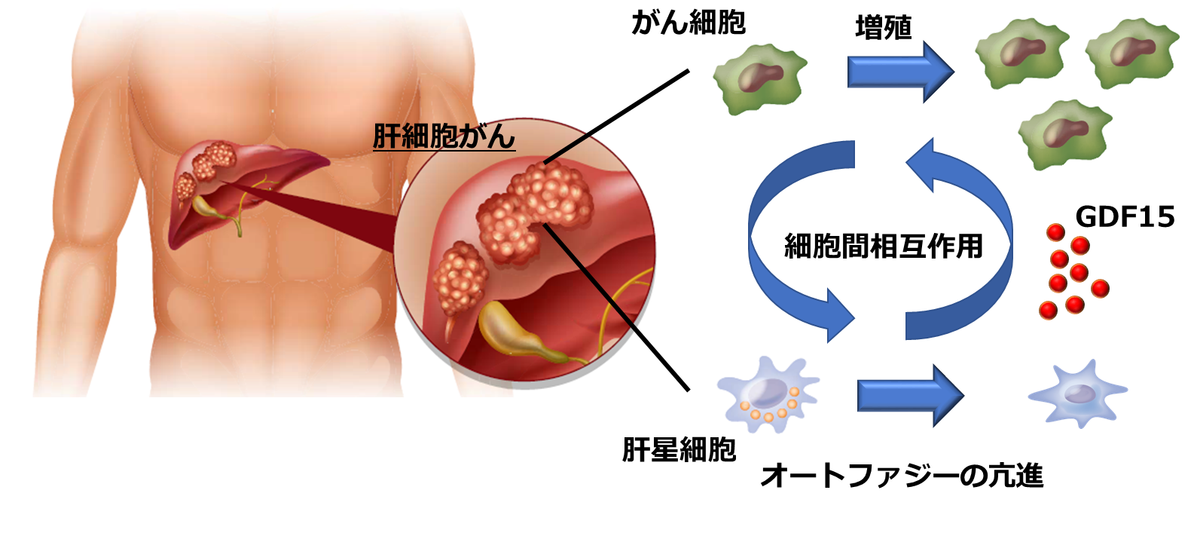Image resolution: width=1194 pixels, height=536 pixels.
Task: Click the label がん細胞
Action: tap(688, 23)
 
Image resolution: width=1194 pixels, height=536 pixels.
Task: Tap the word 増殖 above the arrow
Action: tap(883, 28)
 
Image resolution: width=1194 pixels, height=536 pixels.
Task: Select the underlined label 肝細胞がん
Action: tap(444, 136)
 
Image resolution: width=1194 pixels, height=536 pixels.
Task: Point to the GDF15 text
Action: tap(1125, 217)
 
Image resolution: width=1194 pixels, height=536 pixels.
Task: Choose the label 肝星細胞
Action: tap(679, 450)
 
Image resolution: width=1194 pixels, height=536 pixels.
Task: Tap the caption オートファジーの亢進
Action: tap(902, 476)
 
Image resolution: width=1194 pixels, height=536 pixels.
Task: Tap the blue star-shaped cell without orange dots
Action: tap(1078, 394)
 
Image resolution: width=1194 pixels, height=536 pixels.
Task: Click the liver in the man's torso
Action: tap(249, 181)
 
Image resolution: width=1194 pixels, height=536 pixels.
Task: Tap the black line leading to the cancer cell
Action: tap(618, 117)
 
